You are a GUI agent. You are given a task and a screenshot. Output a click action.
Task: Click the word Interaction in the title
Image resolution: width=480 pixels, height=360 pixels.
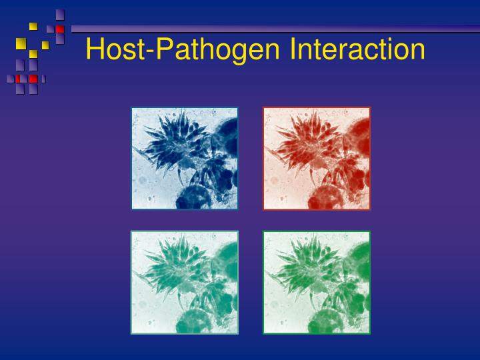pyautogui.click(x=357, y=49)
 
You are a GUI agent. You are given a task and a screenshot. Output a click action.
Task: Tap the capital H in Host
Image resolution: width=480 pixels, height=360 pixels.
pyautogui.click(x=95, y=49)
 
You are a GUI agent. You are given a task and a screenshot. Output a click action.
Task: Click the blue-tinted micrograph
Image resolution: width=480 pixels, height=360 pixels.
pyautogui.click(x=185, y=158)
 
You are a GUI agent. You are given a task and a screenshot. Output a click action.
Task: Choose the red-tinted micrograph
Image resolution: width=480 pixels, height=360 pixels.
pyautogui.click(x=316, y=158)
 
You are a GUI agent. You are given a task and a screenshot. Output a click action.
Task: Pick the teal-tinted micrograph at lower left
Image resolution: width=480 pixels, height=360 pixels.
pyautogui.click(x=185, y=282)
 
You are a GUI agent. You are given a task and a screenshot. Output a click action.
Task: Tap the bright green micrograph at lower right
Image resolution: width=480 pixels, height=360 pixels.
pyautogui.click(x=316, y=282)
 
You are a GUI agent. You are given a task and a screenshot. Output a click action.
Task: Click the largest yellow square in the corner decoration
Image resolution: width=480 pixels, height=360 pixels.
pyautogui.click(x=21, y=44)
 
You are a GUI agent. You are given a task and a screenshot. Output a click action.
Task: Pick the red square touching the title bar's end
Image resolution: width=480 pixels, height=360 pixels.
pyautogui.click(x=60, y=29)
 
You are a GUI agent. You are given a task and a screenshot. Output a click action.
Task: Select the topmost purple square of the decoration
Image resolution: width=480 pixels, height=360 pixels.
pyautogui.click(x=60, y=14)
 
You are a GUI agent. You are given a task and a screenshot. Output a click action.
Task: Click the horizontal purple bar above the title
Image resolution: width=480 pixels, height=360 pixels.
pyautogui.click(x=267, y=29)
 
